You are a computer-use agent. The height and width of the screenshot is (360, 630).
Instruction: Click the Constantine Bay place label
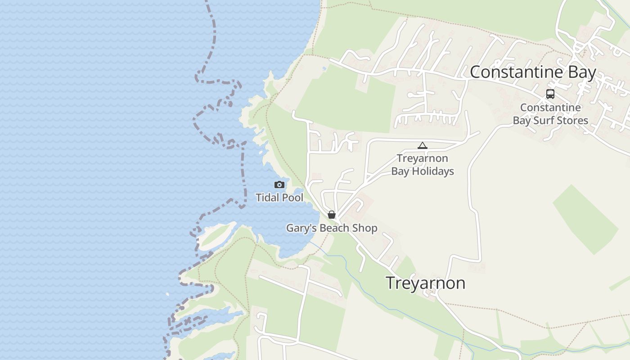[x=533, y=72]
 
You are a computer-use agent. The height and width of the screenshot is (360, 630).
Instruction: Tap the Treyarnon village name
[x=425, y=283]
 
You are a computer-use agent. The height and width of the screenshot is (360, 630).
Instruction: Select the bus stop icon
[x=550, y=94]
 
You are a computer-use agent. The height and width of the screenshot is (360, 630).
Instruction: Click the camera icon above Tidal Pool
[x=279, y=184]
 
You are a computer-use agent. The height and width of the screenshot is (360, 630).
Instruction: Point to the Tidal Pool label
[x=279, y=198]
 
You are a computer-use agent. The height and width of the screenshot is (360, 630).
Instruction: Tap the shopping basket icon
[x=332, y=215]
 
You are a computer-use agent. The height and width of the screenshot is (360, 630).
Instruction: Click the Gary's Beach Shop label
[x=332, y=228]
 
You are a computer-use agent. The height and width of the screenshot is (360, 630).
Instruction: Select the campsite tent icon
[x=422, y=145]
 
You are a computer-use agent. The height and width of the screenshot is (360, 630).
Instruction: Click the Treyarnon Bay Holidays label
[x=422, y=165]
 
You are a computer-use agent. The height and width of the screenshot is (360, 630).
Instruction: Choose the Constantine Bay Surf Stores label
[x=550, y=114]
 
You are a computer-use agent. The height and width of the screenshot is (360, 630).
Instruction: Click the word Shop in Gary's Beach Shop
[x=365, y=228]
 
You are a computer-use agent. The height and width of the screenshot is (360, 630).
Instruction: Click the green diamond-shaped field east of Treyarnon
[x=585, y=219]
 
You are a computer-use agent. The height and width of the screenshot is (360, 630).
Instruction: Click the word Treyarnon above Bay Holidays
[x=422, y=158]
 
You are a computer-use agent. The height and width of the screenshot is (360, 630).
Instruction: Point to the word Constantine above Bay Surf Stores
[x=550, y=108]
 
